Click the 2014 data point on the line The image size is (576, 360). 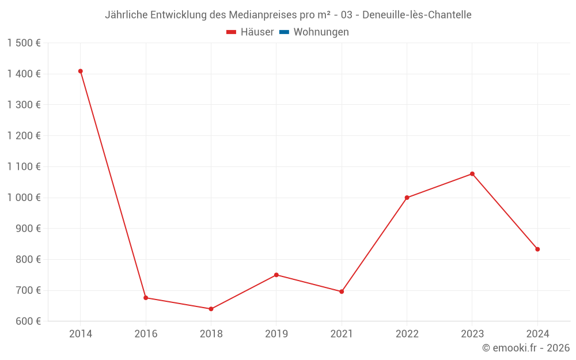point(81,71)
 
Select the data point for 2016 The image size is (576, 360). point(146,298)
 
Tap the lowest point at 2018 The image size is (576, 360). point(211,309)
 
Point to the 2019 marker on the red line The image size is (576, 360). point(276,275)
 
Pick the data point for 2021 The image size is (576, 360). point(342,291)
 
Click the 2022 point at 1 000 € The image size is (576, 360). point(407,198)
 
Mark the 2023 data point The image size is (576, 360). point(472,174)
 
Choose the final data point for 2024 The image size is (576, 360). point(537,249)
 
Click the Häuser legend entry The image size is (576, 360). point(251,32)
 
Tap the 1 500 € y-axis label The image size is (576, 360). point(24,43)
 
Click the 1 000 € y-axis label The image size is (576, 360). point(24,198)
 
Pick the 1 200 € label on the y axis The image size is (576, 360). point(24,136)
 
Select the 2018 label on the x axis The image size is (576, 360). point(211,334)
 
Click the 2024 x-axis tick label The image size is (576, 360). point(537,334)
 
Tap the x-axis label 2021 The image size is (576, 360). point(342,334)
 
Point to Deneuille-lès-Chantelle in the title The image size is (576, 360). point(417,15)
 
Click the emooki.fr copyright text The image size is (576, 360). point(526,348)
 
